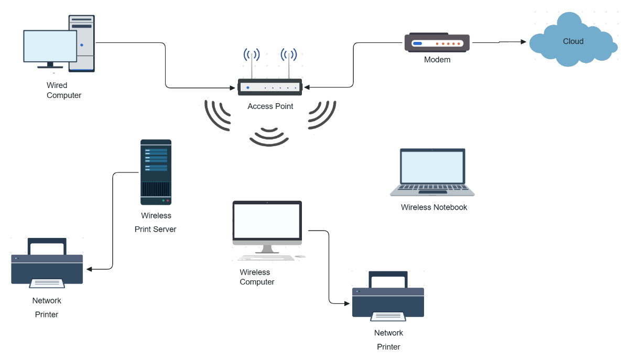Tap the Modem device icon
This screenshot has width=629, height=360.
click(x=437, y=43)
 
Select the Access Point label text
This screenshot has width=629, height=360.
click(x=270, y=106)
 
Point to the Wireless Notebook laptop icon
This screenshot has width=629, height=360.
click(x=432, y=172)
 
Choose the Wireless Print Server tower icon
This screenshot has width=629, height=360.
click(x=156, y=172)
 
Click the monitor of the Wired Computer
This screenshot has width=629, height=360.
click(x=50, y=47)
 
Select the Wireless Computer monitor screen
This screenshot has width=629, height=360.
click(x=267, y=221)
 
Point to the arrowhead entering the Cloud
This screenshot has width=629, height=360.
click(x=523, y=42)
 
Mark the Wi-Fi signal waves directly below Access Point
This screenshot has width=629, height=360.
click(x=269, y=137)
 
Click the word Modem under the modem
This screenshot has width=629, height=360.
click(x=437, y=60)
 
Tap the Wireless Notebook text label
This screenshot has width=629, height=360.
click(x=433, y=208)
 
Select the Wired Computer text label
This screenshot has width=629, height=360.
click(x=63, y=90)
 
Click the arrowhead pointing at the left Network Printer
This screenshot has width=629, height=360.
click(x=90, y=269)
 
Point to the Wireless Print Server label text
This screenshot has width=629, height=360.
click(x=156, y=222)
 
